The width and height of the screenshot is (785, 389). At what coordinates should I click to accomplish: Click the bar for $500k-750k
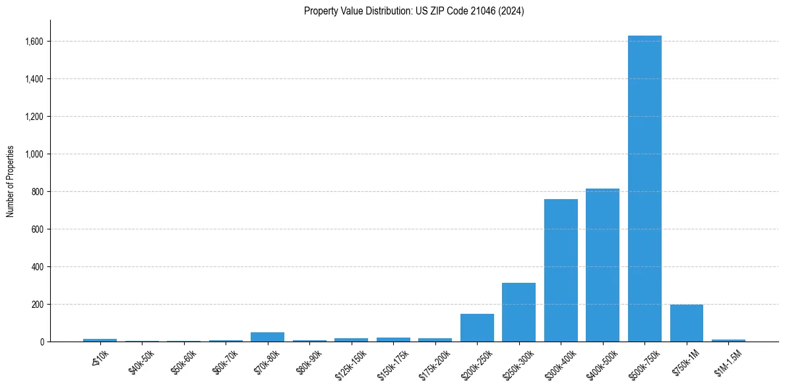[x=644, y=189]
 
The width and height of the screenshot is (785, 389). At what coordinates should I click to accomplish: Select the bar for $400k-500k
[x=602, y=265]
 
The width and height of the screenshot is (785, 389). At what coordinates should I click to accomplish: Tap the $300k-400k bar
[x=561, y=270]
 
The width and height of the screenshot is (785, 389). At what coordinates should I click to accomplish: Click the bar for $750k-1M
[x=686, y=323]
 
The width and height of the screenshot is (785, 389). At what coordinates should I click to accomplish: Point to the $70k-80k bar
[x=267, y=337]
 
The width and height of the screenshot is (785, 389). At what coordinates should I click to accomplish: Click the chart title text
[x=414, y=11]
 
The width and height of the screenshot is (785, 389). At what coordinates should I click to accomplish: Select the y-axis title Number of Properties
[x=11, y=181]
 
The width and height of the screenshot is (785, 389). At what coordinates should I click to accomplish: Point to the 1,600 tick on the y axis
[x=34, y=42]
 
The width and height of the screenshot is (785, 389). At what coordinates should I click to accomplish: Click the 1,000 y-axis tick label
[x=34, y=154]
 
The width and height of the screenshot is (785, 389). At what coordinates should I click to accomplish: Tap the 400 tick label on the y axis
[x=38, y=267]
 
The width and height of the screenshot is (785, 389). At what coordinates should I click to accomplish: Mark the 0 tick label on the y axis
[x=42, y=342]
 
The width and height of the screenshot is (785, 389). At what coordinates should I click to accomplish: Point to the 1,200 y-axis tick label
[x=34, y=117]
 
